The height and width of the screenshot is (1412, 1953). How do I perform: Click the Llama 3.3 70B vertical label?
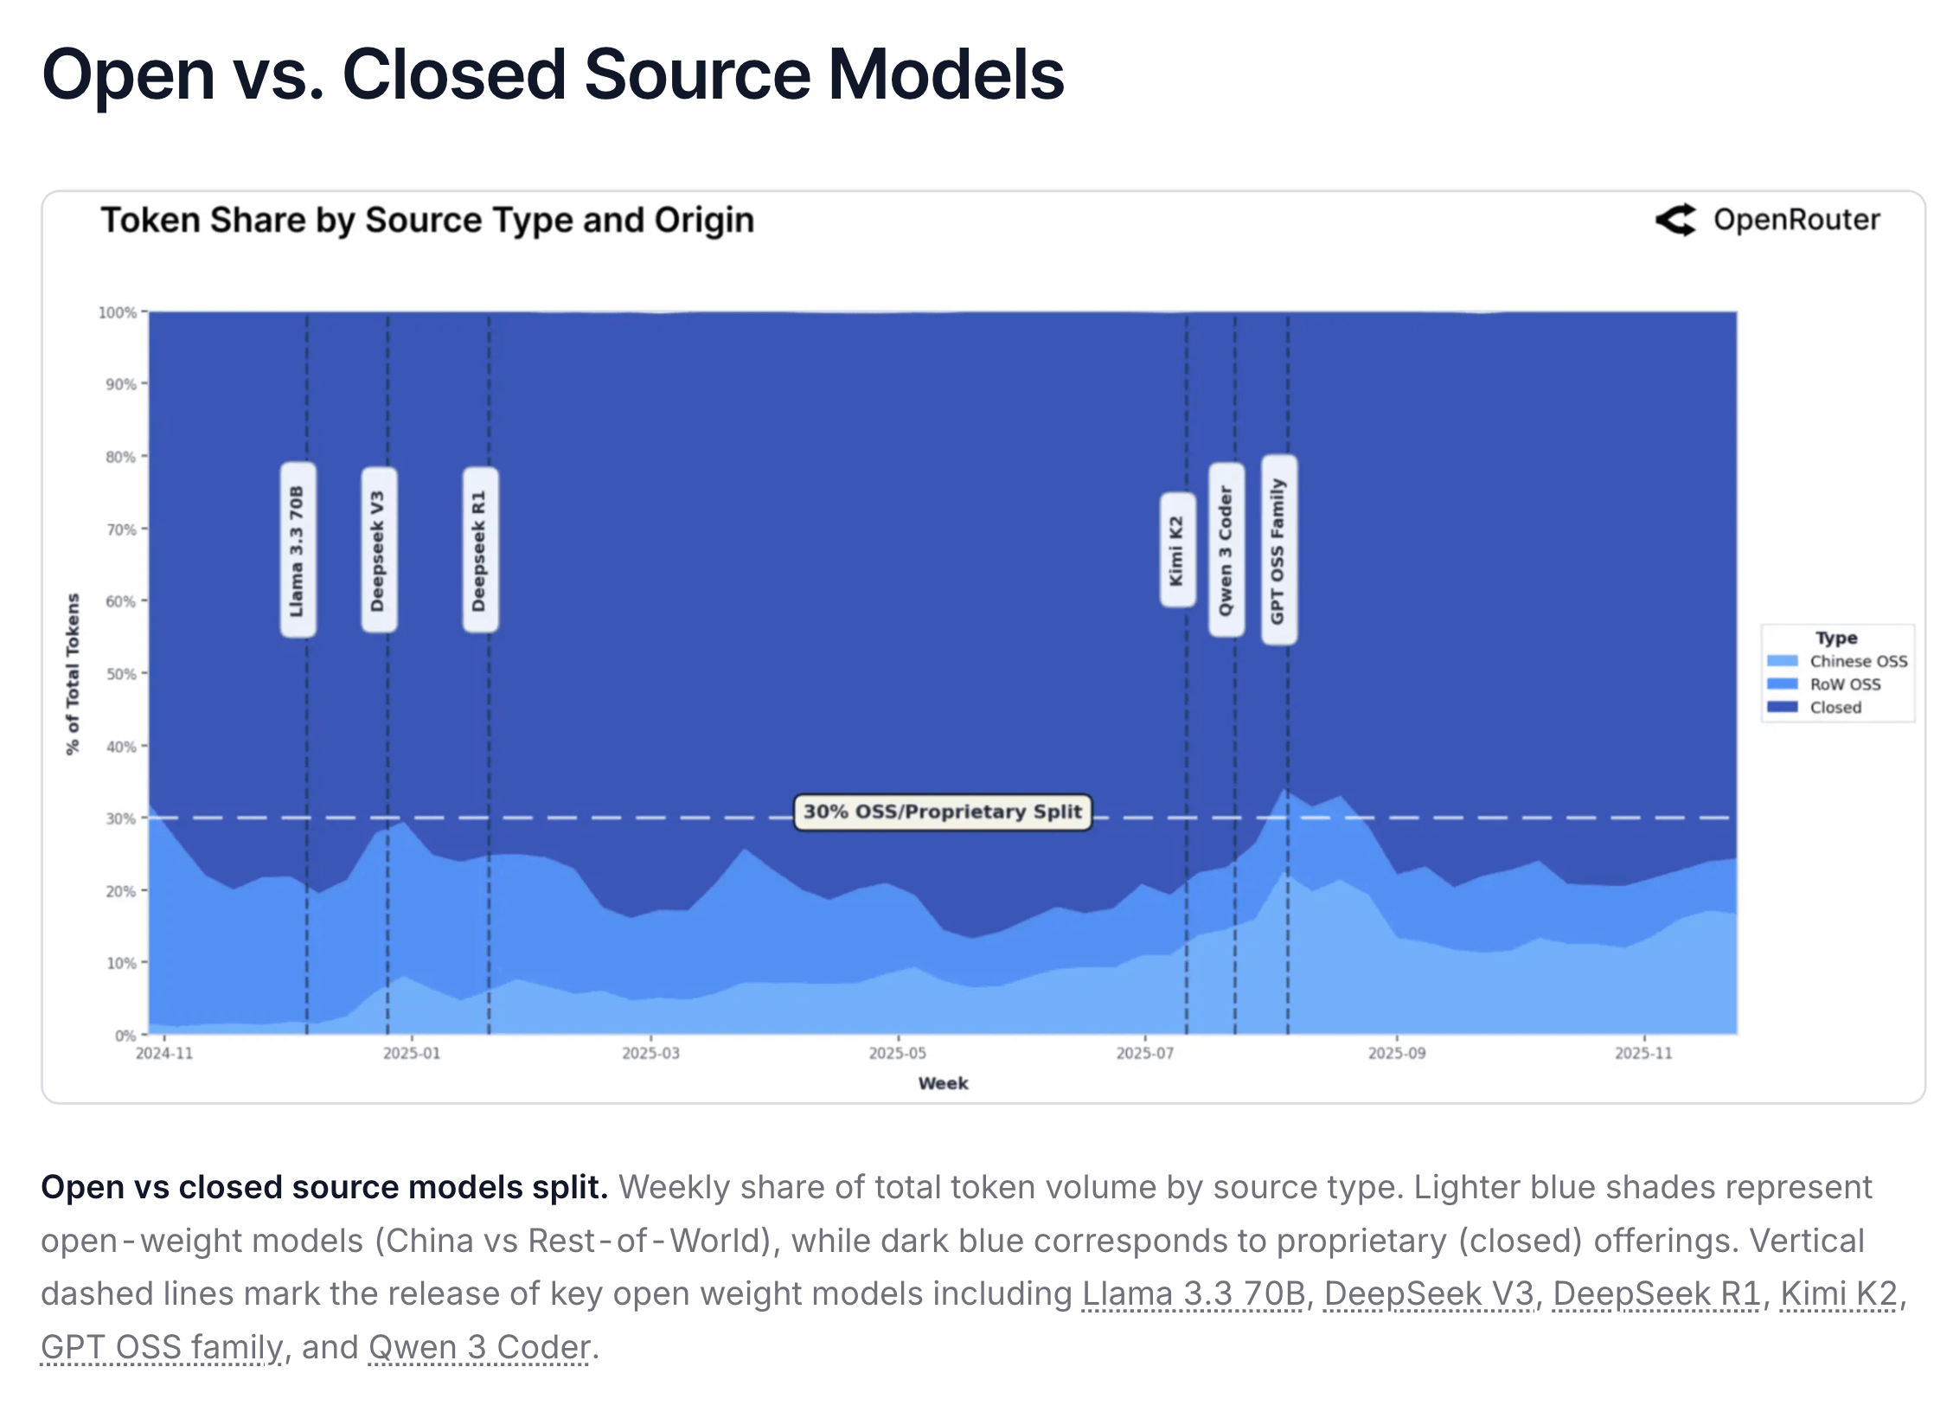pos(298,550)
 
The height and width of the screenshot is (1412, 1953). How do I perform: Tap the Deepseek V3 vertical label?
pos(378,550)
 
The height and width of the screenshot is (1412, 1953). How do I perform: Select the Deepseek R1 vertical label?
pos(480,550)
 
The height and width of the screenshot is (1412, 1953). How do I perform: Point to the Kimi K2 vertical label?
pos(1176,550)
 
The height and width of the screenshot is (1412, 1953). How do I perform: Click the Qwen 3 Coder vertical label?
pos(1226,550)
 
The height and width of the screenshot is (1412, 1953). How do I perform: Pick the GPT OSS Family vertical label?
pos(1278,550)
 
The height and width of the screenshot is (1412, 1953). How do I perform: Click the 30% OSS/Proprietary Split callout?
pos(942,812)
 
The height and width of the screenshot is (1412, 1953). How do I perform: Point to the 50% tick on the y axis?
pos(121,674)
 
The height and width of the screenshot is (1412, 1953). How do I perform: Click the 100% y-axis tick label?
pos(118,312)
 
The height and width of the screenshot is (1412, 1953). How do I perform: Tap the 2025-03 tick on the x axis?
pos(650,1053)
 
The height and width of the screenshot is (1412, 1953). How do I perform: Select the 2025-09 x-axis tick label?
pos(1396,1053)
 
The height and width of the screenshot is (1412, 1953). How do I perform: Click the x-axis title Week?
pos(943,1083)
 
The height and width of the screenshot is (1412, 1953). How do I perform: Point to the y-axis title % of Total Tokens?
pos(73,674)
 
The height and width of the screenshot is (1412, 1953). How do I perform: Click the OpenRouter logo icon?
pos(1675,220)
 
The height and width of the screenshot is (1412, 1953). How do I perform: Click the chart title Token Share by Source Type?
pos(427,220)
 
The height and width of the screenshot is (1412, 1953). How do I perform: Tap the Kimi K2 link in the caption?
pos(1838,1293)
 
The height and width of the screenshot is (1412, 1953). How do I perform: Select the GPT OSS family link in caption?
pos(162,1347)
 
